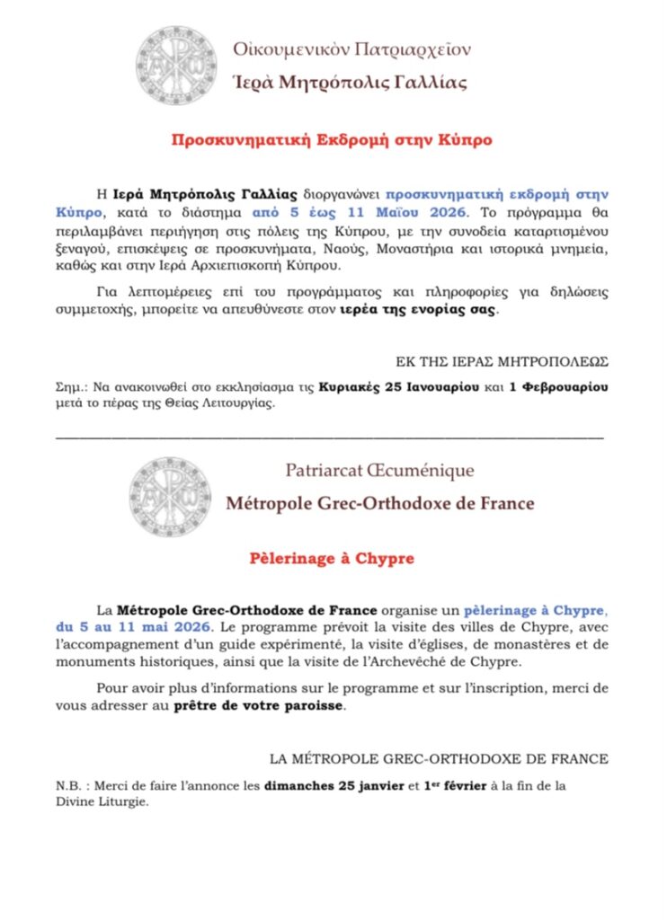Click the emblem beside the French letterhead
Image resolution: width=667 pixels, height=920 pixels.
(170, 495)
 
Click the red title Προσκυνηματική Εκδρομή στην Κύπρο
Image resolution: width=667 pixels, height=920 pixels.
(333, 141)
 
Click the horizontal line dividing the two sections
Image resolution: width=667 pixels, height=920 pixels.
(329, 438)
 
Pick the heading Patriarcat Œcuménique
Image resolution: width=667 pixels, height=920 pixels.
(379, 470)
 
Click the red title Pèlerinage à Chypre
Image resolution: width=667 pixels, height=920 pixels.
(332, 559)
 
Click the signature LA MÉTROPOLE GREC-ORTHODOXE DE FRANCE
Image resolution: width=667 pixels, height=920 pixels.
(440, 759)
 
